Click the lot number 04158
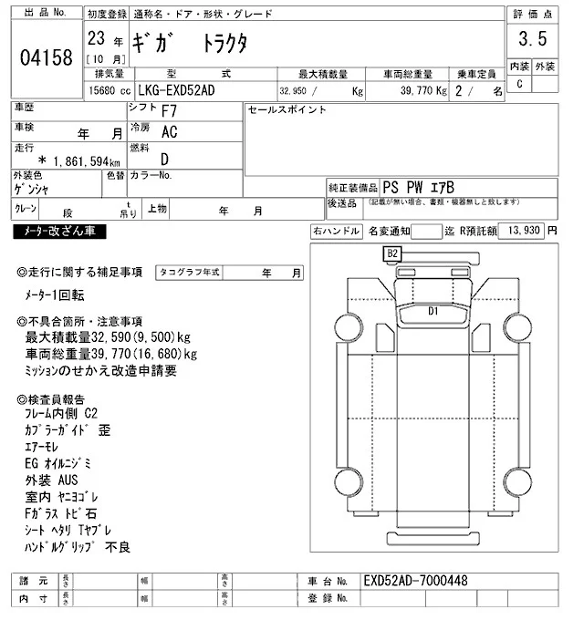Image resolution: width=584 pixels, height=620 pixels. pyautogui.click(x=46, y=58)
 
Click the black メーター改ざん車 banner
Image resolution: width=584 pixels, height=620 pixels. pyautogui.click(x=60, y=232)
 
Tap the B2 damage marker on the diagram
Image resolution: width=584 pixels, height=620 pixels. pyautogui.click(x=393, y=253)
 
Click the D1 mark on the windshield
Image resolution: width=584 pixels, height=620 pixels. pyautogui.click(x=433, y=311)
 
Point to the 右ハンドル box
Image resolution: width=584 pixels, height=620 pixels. pyautogui.click(x=337, y=232)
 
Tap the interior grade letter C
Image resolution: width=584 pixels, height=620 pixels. pyautogui.click(x=520, y=84)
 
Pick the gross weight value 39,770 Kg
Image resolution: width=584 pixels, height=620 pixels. pyautogui.click(x=416, y=91)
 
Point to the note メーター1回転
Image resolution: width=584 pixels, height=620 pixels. pyautogui.click(x=55, y=295)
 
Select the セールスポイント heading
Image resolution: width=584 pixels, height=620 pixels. pyautogui.click(x=287, y=110)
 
